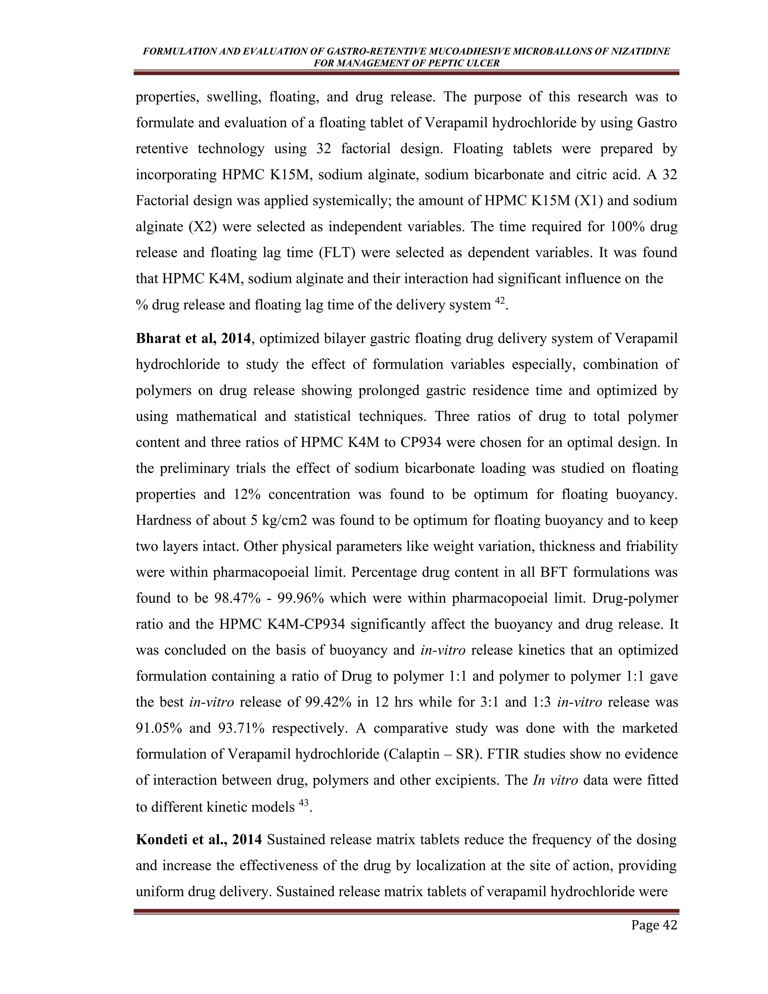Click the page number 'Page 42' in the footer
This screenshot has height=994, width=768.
[x=654, y=925]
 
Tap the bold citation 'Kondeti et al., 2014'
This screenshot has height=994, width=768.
[x=199, y=840]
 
